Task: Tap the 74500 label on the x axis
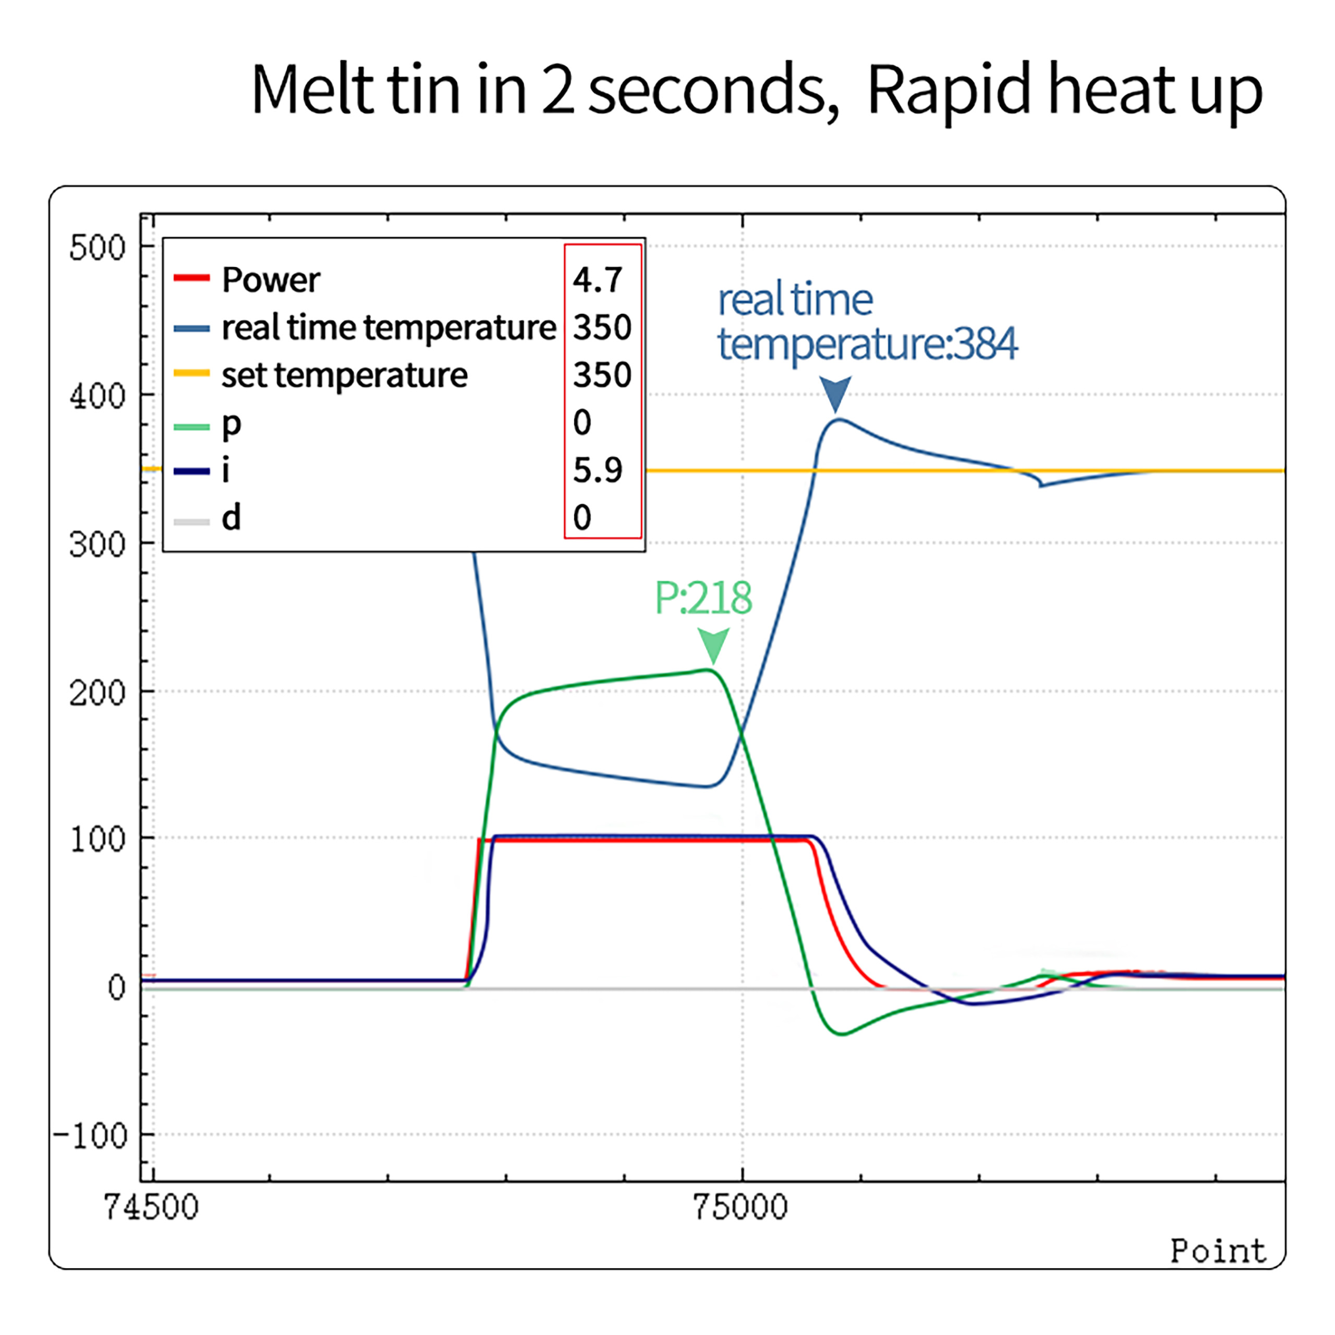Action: click(151, 1207)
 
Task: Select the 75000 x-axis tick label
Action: click(740, 1207)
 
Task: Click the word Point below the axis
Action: click(1218, 1252)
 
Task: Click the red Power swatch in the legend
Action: click(191, 278)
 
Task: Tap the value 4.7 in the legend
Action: click(598, 280)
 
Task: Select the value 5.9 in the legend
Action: click(598, 470)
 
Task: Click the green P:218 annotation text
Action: click(703, 598)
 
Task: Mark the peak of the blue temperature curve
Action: click(838, 419)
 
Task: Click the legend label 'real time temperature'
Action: click(389, 327)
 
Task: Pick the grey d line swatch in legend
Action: click(191, 521)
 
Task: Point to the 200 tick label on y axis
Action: click(98, 693)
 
